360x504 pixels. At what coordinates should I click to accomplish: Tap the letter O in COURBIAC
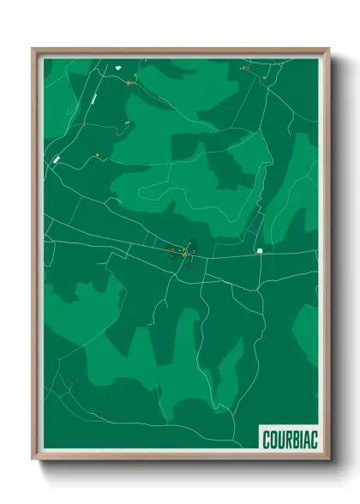click(x=273, y=439)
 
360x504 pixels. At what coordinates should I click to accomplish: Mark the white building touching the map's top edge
click(x=144, y=61)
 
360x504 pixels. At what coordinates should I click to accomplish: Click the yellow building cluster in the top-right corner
click(x=244, y=68)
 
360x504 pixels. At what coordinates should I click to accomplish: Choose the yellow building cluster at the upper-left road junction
click(x=131, y=83)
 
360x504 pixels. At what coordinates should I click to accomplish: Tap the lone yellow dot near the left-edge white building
click(x=98, y=155)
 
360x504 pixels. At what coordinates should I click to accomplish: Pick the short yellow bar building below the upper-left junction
click(x=127, y=123)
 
